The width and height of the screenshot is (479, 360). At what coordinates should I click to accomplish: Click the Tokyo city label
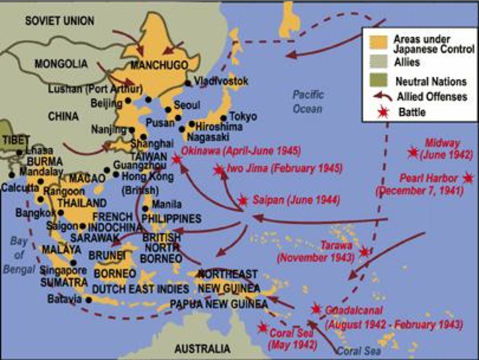243,116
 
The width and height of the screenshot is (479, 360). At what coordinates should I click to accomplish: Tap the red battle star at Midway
413,153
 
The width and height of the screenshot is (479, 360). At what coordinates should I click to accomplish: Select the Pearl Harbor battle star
469,178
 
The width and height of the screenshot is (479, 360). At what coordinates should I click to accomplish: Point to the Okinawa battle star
176,159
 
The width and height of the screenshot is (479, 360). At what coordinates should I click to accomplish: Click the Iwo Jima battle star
218,170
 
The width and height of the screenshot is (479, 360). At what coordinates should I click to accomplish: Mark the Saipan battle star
243,200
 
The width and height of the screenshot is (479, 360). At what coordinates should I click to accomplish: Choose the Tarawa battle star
364,252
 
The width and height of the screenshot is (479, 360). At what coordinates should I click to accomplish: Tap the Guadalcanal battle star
316,308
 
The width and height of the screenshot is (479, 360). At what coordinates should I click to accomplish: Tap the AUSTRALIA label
202,349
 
